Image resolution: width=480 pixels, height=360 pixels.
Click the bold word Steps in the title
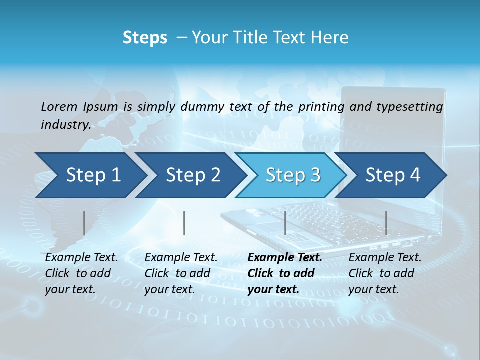[x=145, y=38]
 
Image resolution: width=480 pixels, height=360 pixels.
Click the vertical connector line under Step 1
[x=84, y=223]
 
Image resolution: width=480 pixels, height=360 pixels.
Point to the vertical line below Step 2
[x=184, y=223]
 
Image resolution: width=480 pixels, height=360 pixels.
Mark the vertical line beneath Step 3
[x=285, y=223]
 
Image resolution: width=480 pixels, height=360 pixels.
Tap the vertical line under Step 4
[x=386, y=223]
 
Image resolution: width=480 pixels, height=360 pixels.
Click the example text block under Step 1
[x=81, y=273]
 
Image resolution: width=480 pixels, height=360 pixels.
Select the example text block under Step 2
[x=181, y=273]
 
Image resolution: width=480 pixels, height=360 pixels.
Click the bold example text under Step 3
[x=285, y=273]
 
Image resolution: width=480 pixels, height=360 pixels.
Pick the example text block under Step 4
[x=385, y=273]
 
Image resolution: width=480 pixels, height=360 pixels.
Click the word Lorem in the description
[x=59, y=106]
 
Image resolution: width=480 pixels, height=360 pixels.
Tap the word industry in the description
[x=65, y=125]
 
